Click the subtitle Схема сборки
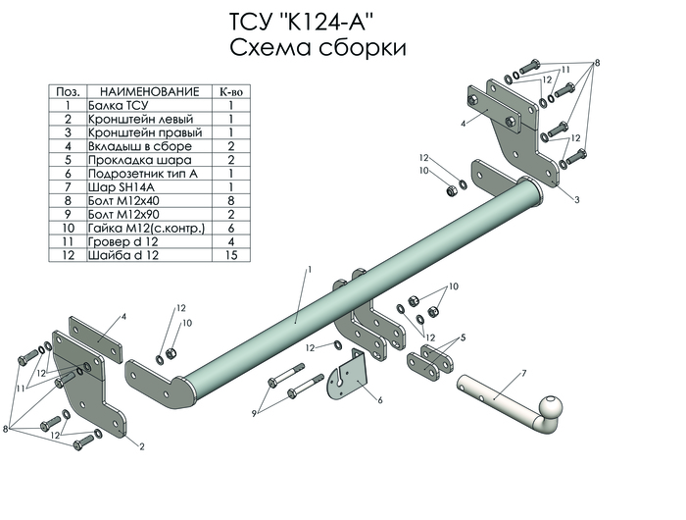[318, 48]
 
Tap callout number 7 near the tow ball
[524, 374]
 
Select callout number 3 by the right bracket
[577, 200]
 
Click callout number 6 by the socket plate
[379, 399]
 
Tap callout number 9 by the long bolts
[253, 412]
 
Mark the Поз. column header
[69, 90]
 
